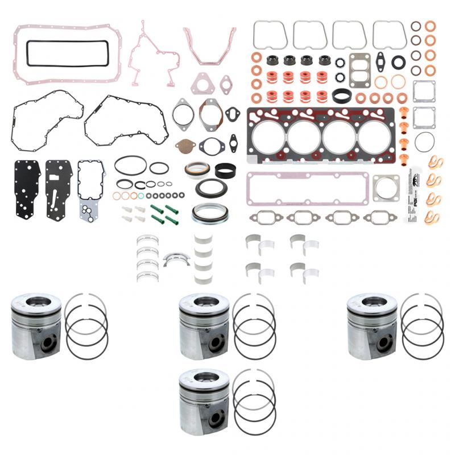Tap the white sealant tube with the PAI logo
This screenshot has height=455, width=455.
pos(413,193)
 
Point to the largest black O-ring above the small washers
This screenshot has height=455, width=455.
pos(130,166)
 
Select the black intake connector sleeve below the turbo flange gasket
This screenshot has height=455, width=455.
pos(344,94)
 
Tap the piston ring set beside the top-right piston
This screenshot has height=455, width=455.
pos(421,322)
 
